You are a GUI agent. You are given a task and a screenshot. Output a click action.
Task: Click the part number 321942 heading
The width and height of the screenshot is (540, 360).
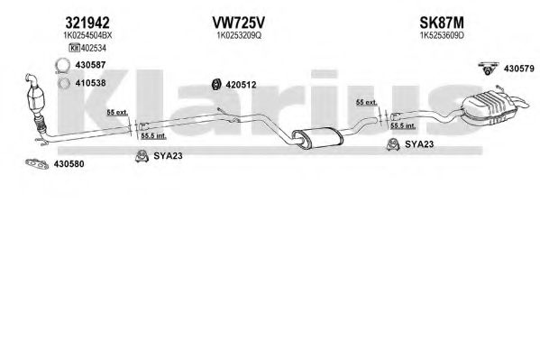coord(87,23)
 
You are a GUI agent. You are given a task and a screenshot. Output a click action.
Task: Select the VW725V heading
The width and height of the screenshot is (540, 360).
coord(239,23)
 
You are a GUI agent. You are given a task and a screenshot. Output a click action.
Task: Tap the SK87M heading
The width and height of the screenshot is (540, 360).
coord(442,23)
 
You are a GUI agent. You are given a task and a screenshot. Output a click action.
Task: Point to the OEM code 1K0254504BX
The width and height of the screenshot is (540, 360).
coord(87,35)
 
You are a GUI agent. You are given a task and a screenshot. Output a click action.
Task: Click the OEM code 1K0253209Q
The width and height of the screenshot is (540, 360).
coord(239,35)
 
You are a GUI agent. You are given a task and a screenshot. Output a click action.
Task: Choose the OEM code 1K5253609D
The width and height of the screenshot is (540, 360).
coord(442,35)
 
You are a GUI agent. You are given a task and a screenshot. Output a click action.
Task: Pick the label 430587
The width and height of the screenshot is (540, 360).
coord(90,65)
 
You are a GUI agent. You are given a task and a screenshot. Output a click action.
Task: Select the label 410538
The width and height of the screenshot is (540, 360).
coord(90,83)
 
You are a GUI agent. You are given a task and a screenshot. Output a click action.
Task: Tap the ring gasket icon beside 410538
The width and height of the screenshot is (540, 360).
coord(64,83)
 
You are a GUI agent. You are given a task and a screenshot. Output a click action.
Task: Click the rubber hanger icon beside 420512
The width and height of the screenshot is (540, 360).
coord(216,84)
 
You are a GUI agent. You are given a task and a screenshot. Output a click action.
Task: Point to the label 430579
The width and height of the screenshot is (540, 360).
coord(519,69)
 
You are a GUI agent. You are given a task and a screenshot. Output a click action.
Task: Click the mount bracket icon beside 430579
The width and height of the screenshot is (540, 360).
coord(488,69)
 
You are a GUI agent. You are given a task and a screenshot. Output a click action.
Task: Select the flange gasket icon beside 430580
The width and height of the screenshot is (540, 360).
coord(37,164)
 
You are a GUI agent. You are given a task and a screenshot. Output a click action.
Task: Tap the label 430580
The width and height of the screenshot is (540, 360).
coord(69,164)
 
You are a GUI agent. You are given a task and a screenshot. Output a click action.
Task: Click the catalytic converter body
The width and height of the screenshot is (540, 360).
coord(37,98)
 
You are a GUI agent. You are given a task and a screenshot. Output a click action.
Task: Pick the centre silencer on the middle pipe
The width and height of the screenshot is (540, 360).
coord(317,138)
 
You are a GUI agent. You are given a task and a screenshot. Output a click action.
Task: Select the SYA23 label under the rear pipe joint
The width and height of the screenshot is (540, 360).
coord(419,144)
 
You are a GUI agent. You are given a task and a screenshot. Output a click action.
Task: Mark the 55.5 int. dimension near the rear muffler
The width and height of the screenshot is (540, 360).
coord(403,125)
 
